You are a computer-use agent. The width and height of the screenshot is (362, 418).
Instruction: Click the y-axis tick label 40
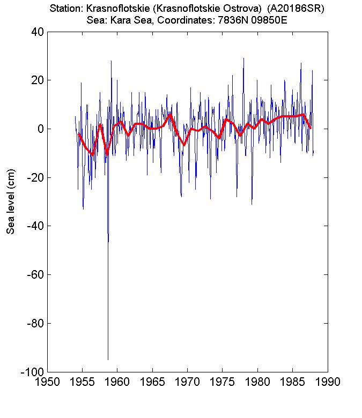38,32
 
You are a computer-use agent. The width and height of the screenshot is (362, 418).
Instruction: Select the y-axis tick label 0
41,129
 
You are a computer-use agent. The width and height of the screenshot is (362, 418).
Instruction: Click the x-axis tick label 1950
47,382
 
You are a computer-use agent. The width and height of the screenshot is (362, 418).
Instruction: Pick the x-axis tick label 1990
328,382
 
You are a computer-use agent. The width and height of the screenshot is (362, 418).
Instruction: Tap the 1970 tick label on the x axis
188,382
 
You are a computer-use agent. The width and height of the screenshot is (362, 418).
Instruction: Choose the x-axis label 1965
152,382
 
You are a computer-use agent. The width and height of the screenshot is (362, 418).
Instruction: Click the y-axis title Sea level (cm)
10,201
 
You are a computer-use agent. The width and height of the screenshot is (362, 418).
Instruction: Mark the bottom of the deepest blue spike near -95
108,360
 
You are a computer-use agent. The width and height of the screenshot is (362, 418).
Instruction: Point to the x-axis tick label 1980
257,382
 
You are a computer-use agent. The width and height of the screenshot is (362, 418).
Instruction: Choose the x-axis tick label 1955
83,382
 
